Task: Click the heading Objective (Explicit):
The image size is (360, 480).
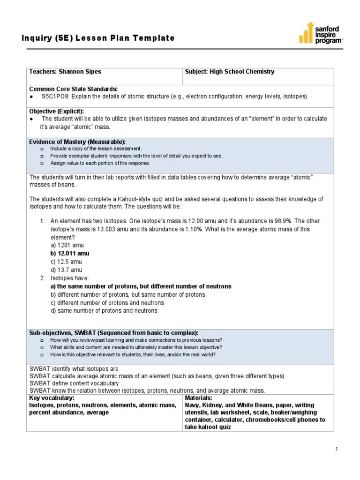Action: [x=57, y=111]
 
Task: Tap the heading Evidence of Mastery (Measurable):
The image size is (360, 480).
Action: [x=77, y=142]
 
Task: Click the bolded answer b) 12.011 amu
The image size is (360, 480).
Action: [x=70, y=254]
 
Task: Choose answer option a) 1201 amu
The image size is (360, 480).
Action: [x=67, y=245]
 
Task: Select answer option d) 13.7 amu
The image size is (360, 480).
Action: [x=67, y=270]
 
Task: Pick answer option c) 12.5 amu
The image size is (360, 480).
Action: [x=66, y=262]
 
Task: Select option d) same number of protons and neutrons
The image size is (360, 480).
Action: [x=104, y=311]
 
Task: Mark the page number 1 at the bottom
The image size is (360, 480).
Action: [x=337, y=450]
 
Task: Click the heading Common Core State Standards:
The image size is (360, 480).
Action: [x=74, y=89]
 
